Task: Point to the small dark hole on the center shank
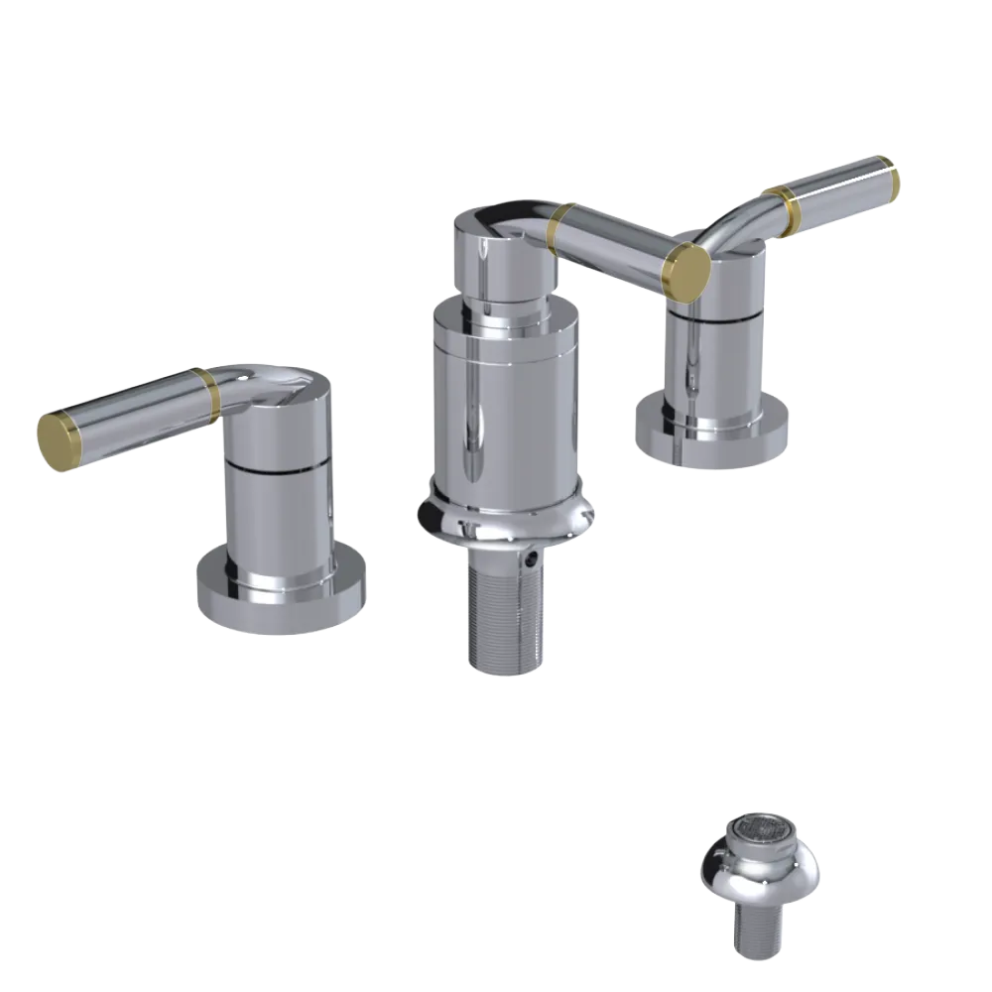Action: coord(537,560)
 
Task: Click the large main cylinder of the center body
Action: coord(501,397)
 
